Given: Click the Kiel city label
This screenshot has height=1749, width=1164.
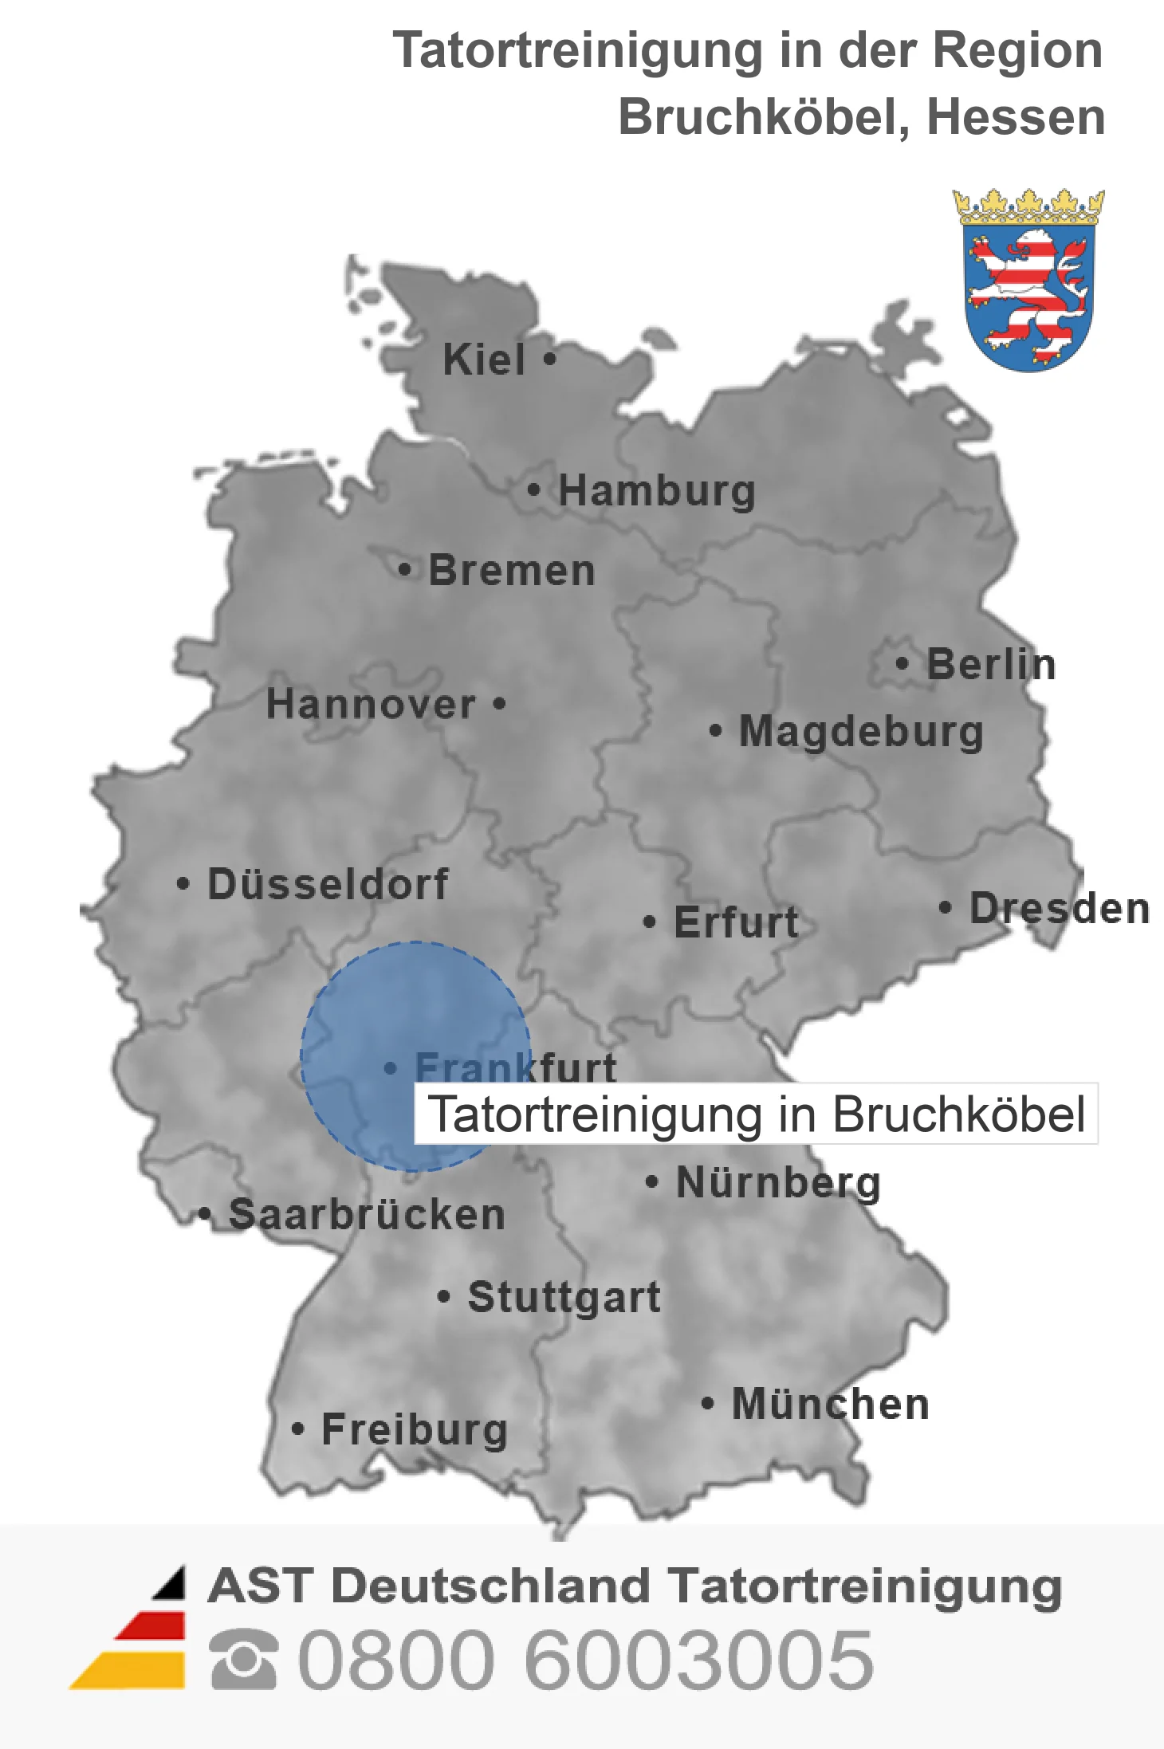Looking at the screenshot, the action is pyautogui.click(x=484, y=360).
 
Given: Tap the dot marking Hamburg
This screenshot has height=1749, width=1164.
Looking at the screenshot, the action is pyautogui.click(x=534, y=489).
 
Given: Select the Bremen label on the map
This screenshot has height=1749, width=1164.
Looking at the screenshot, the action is pyautogui.click(x=512, y=571).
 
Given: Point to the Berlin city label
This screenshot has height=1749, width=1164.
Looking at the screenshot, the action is pyautogui.click(x=991, y=665).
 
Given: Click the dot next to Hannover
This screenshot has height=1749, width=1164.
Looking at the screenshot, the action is pyautogui.click(x=500, y=703).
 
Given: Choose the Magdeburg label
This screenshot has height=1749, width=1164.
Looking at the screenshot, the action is pyautogui.click(x=861, y=732).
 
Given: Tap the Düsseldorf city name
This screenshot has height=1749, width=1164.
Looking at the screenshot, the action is pyautogui.click(x=328, y=884).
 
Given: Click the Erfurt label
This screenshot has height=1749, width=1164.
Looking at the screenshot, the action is pyautogui.click(x=736, y=922).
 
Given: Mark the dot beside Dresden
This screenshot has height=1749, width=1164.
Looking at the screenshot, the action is pyautogui.click(x=946, y=907).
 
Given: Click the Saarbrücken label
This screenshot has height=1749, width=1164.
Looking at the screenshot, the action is pyautogui.click(x=367, y=1215).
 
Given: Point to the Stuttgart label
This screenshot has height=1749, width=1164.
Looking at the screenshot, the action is pyautogui.click(x=564, y=1297).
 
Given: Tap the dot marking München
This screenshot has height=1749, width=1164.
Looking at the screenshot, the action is pyautogui.click(x=707, y=1403).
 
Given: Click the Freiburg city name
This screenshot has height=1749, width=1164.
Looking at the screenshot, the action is pyautogui.click(x=415, y=1429).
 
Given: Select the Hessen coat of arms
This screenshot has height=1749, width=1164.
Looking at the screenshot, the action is pyautogui.click(x=1028, y=281).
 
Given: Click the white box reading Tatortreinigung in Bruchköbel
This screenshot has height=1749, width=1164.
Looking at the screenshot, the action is pyautogui.click(x=756, y=1114).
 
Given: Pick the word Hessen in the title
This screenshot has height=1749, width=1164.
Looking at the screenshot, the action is pyautogui.click(x=1016, y=117).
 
